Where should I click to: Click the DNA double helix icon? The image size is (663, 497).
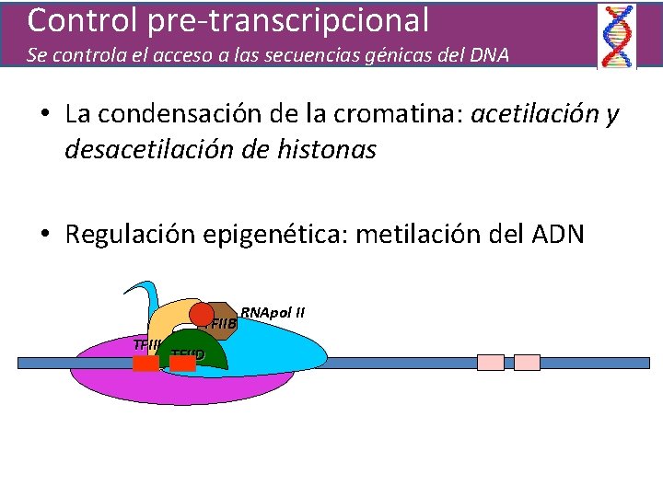[x=616, y=36]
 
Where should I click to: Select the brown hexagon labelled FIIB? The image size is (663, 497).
[x=223, y=322]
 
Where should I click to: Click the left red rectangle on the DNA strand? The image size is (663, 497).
[x=145, y=363]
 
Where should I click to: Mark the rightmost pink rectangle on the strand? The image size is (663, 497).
[x=527, y=363]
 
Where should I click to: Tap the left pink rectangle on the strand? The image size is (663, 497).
[x=491, y=363]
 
